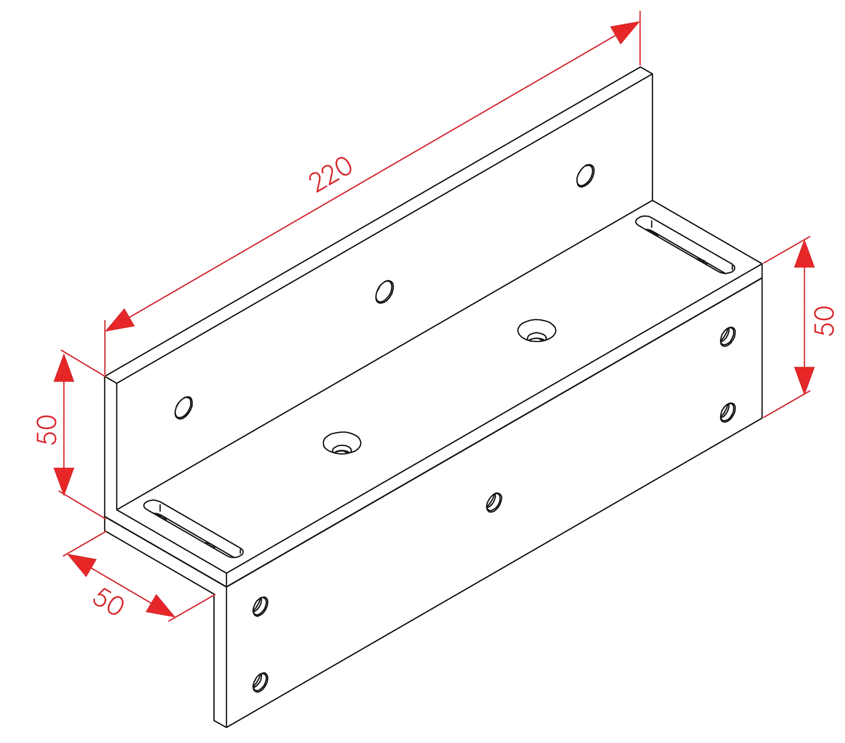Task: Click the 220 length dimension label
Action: [x=330, y=174]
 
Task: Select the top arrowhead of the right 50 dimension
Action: [x=804, y=255]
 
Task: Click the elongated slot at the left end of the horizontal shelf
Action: [x=192, y=528]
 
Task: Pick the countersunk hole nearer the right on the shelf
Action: [x=537, y=331]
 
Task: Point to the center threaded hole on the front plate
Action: [x=493, y=501]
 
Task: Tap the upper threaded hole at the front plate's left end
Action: [x=260, y=607]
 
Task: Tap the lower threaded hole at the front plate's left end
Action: [x=259, y=681]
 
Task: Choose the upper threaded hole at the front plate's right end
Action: [x=728, y=336]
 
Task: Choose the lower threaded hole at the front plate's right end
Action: [x=728, y=412]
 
